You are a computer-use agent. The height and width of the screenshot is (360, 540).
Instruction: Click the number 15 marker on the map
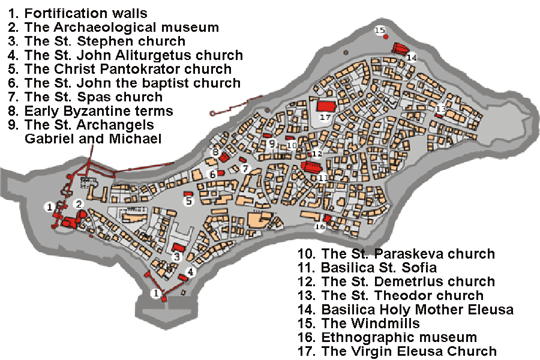click(379, 30)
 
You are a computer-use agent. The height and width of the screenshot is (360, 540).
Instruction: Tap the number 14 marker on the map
click(411, 58)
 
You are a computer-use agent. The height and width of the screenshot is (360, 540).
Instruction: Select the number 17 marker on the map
click(325, 118)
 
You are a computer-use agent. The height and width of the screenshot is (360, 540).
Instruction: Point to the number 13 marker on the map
click(441, 108)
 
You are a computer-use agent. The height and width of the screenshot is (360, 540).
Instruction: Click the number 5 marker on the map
click(188, 202)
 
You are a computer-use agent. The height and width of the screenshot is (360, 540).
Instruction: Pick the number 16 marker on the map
click(320, 227)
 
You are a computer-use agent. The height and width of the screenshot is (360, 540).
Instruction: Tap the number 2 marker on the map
click(78, 204)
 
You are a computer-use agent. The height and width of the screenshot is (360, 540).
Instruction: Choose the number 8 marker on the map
click(215, 152)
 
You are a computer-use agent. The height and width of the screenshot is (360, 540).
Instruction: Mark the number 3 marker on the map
click(176, 257)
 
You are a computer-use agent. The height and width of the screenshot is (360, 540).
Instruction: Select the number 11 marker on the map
click(323, 178)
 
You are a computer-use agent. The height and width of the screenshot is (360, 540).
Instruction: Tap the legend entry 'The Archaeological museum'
click(113, 28)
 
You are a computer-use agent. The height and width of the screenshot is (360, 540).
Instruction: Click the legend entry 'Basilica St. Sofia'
click(370, 268)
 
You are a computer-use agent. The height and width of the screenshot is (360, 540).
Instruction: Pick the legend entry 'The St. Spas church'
click(86, 97)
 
